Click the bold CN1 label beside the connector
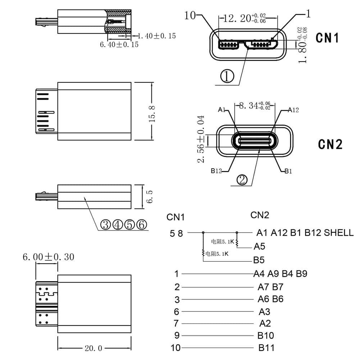(x=327, y=37)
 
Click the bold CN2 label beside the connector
(x=330, y=144)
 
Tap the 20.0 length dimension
(x=94, y=348)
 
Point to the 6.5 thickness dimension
(x=150, y=197)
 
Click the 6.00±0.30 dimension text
(x=48, y=257)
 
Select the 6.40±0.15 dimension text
(x=119, y=45)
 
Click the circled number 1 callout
(x=227, y=76)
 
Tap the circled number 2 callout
(x=242, y=179)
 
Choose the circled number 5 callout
(x=130, y=225)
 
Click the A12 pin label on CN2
(x=293, y=110)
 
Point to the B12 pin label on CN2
(x=216, y=171)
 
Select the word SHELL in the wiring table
(x=339, y=233)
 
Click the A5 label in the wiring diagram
(x=259, y=246)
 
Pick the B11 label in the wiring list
(x=266, y=348)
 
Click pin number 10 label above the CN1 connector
(x=191, y=15)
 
